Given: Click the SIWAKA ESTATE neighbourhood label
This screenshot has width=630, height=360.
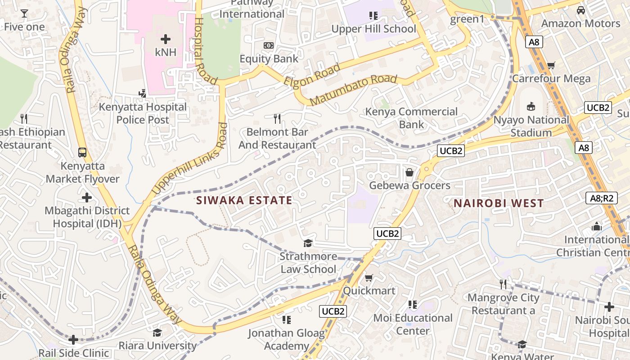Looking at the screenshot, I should [244, 200].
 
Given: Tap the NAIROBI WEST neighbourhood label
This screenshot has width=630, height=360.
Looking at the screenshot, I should [499, 203].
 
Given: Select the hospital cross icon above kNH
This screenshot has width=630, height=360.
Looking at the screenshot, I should [166, 39].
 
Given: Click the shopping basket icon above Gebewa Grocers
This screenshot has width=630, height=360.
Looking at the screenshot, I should [409, 172].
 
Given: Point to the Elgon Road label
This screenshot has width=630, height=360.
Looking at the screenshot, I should [312, 76].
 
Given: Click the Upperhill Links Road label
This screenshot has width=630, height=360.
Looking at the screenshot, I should [189, 159].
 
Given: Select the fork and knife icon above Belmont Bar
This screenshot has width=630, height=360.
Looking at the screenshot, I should [277, 119].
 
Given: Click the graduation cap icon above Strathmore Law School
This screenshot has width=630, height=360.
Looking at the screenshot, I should [308, 243].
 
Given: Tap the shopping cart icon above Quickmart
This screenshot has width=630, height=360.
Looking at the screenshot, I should [369, 278].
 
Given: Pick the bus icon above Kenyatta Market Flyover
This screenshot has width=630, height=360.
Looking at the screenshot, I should [82, 152].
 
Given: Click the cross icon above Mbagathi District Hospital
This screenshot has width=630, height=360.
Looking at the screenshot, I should [87, 198].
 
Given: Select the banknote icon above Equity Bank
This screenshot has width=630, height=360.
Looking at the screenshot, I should [269, 45].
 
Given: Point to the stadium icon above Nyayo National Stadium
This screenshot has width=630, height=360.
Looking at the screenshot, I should [531, 107].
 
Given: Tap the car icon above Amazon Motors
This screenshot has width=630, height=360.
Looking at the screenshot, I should [581, 10].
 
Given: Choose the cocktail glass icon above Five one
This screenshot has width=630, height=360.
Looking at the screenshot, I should [24, 13].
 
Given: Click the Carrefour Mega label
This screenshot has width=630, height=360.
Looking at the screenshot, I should [551, 78].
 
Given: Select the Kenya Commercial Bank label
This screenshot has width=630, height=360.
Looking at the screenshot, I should [411, 117].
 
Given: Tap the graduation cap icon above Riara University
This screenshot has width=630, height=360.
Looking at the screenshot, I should [157, 333].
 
